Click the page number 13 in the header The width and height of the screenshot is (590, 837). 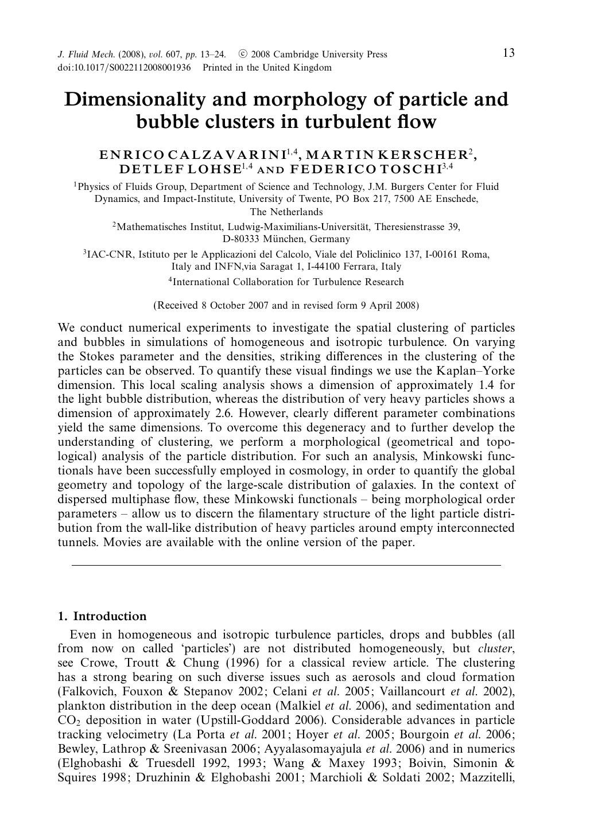pyautogui.click(x=509, y=53)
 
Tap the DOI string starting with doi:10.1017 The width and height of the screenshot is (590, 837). pyautogui.click(x=125, y=68)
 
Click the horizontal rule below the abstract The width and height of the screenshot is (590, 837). pyautogui.click(x=286, y=566)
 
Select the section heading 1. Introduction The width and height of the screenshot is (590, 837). pyautogui.click(x=102, y=617)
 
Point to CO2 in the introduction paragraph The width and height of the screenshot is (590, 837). pyautogui.click(x=66, y=721)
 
